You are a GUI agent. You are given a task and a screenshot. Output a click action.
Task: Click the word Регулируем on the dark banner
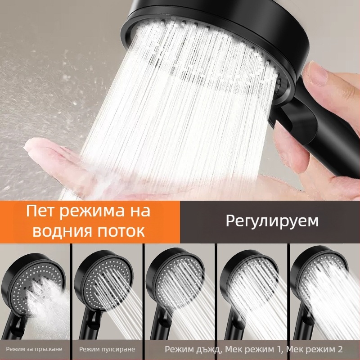tap(272, 221)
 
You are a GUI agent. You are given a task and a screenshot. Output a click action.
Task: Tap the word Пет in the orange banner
tap(40, 211)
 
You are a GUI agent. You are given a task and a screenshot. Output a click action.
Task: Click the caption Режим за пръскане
tap(34, 349)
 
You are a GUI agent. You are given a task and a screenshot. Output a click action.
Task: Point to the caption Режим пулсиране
tap(107, 349)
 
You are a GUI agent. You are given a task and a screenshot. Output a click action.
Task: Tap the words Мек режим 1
tap(253, 350)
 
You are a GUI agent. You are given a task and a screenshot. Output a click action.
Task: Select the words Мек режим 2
tap(314, 350)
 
